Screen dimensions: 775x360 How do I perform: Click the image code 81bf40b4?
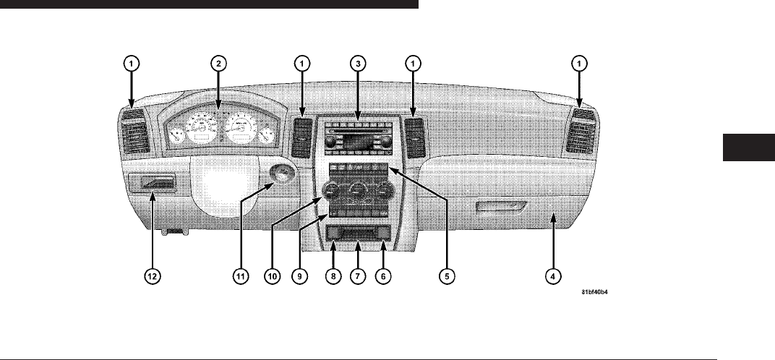[599, 293]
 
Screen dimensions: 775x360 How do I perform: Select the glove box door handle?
[500, 210]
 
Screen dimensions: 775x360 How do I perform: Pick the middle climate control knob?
[357, 192]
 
